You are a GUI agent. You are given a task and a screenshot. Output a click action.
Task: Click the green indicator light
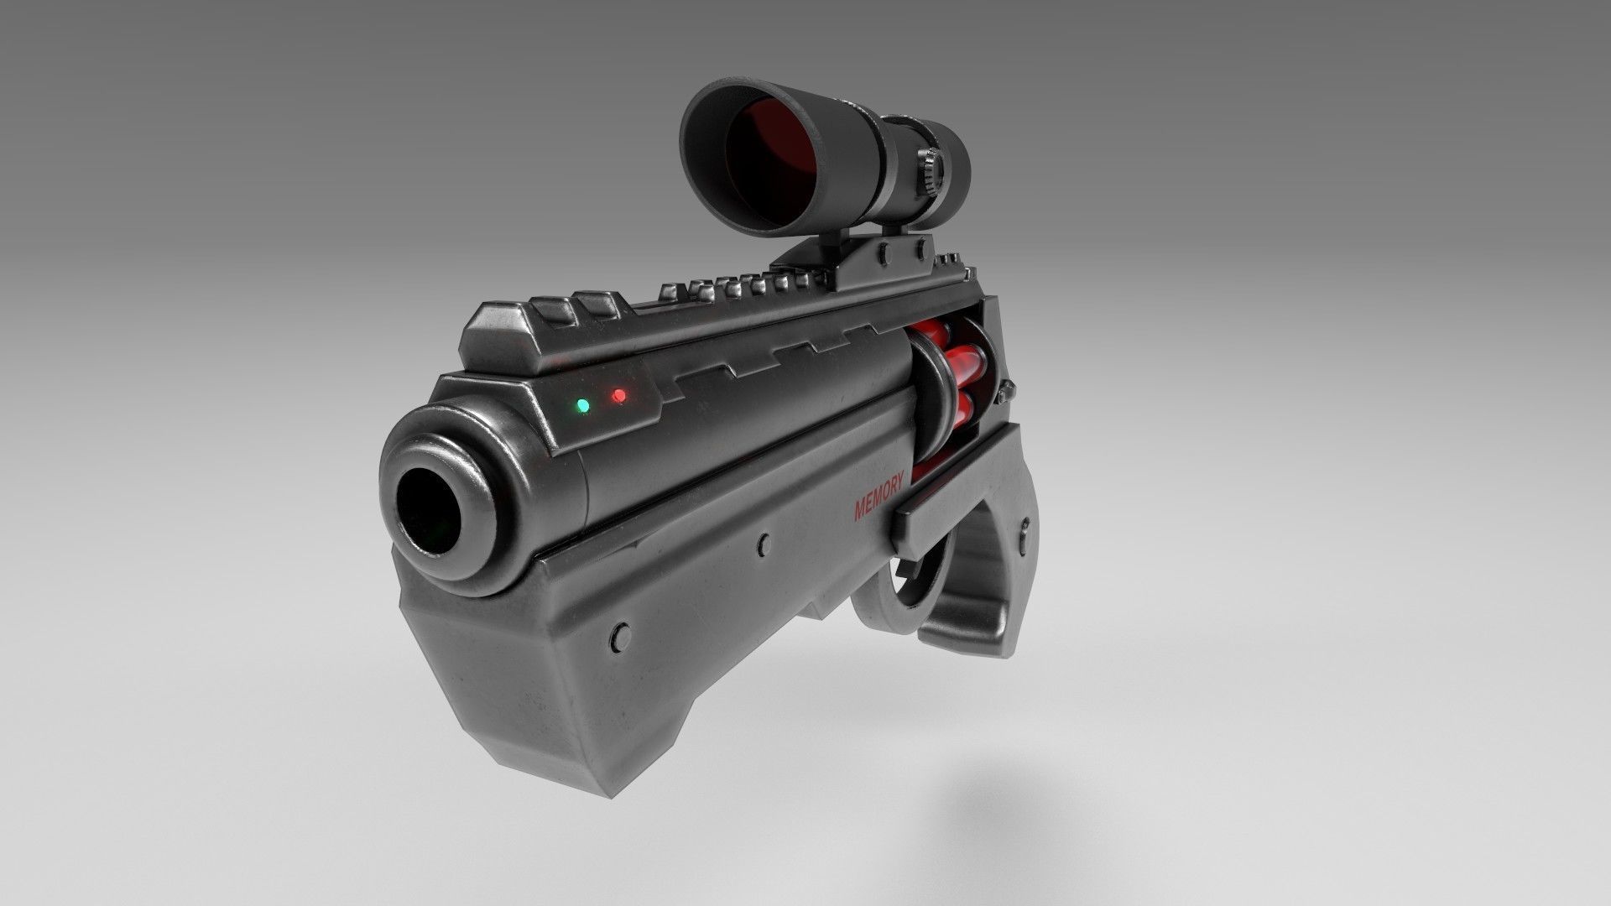point(582,406)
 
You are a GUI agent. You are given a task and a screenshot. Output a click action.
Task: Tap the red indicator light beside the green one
point(619,395)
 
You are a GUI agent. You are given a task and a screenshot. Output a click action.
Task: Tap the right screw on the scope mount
point(920,242)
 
